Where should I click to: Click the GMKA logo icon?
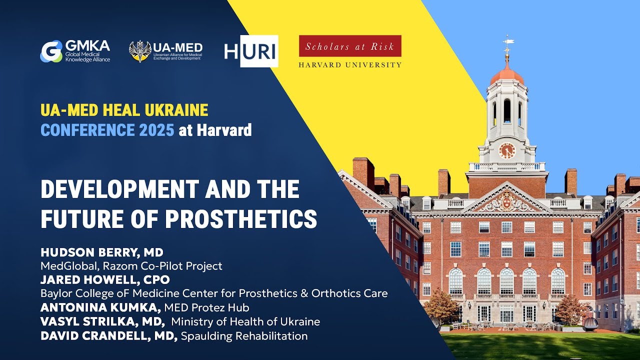(51, 51)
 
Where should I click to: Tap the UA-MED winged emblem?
(140, 51)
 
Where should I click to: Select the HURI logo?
(251, 51)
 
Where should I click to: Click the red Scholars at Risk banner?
(350, 46)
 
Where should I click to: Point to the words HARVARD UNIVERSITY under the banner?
(350, 65)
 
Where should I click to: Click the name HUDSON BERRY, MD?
(102, 252)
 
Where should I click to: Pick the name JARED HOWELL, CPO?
(105, 279)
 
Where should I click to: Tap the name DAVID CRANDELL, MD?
(109, 336)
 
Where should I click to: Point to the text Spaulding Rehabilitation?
(244, 336)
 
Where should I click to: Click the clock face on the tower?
(506, 150)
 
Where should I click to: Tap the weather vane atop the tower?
(508, 43)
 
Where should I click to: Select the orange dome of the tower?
(507, 76)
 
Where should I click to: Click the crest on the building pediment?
(507, 202)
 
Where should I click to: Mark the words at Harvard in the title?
(215, 130)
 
